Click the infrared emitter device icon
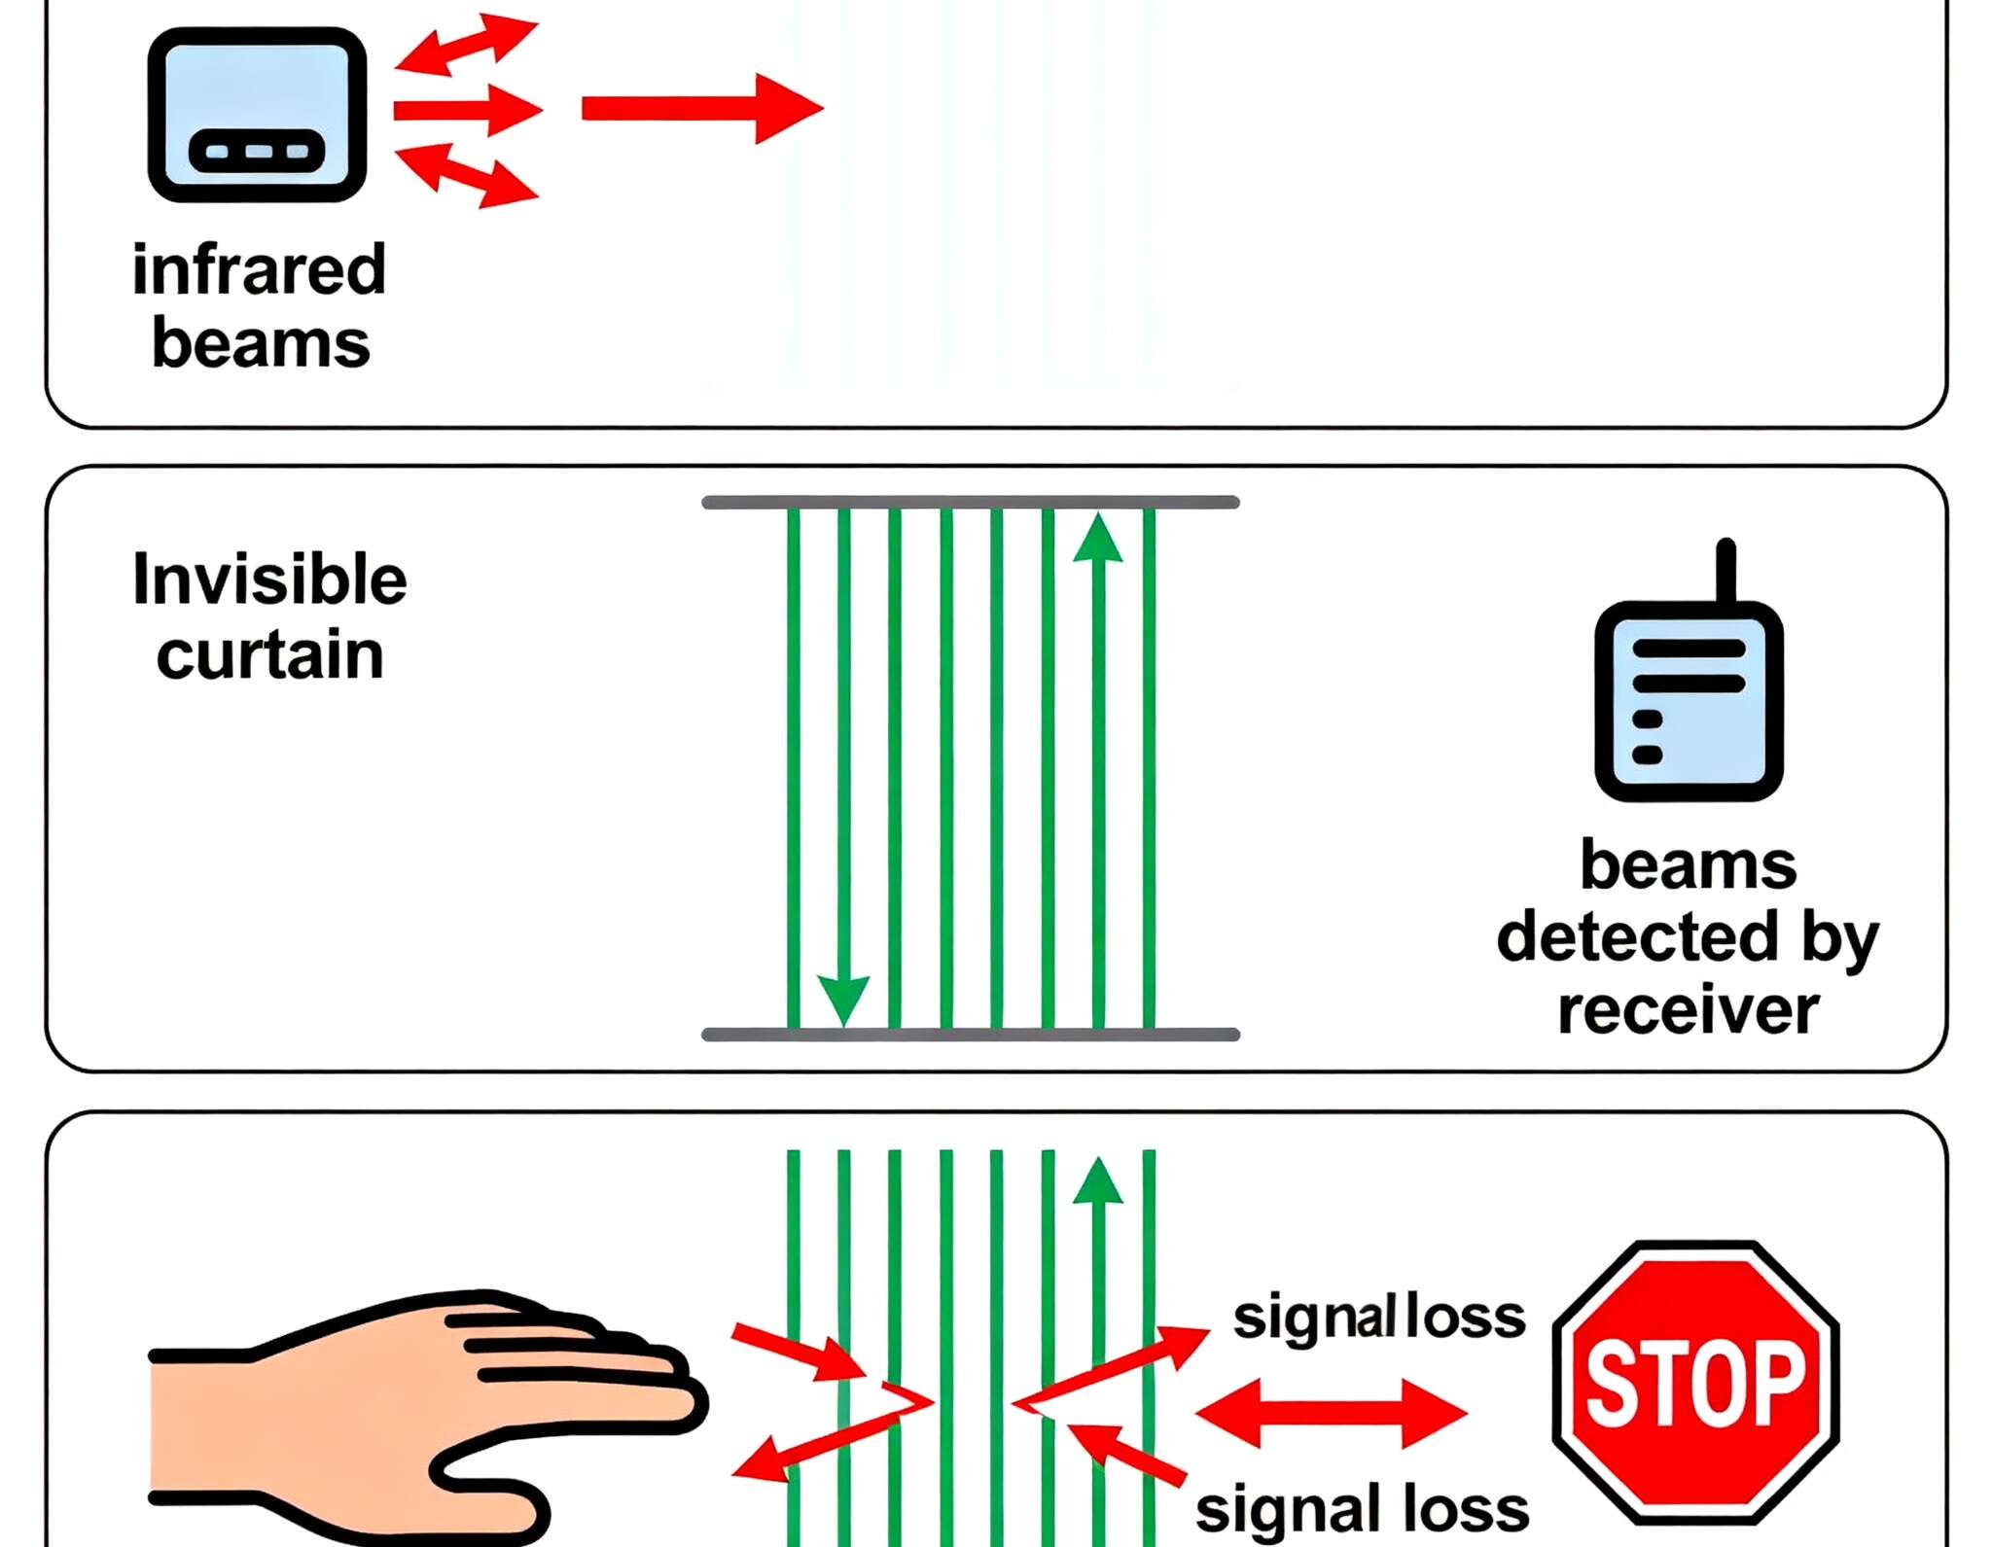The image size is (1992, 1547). tap(257, 115)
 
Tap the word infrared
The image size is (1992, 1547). tap(259, 269)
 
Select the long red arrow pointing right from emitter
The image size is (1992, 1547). tap(700, 108)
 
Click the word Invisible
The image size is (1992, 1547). tap(269, 580)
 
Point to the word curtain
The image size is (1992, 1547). tap(269, 654)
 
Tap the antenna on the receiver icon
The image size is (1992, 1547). tap(1725, 570)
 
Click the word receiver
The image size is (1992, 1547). tap(1688, 1010)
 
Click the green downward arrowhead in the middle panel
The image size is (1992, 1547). tap(843, 999)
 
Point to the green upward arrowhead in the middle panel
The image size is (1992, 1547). tap(1098, 539)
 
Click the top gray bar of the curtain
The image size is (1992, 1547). tap(970, 503)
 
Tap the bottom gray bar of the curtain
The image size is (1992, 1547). tap(970, 1035)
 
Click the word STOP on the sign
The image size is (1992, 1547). tap(1695, 1382)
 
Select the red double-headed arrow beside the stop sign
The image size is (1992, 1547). tap(1331, 1414)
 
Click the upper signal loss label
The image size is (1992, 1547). tap(1379, 1318)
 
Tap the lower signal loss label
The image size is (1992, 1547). tap(1362, 1509)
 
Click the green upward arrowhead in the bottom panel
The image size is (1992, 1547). tap(1098, 1182)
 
